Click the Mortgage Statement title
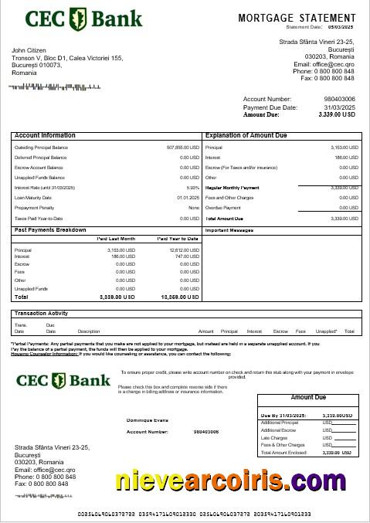(296, 17)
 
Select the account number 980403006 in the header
(339, 100)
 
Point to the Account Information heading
(45, 135)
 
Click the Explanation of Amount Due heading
(246, 135)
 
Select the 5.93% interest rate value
(193, 188)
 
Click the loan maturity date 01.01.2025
(188, 198)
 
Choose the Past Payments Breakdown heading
(50, 230)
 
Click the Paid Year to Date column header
(178, 239)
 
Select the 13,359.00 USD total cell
(179, 297)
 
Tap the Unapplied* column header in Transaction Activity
(326, 331)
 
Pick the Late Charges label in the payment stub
(275, 438)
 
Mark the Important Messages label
(229, 230)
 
